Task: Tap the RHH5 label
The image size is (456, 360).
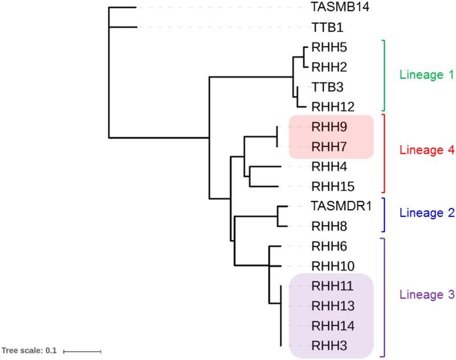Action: [x=326, y=47]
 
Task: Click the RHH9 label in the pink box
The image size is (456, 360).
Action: [x=326, y=126]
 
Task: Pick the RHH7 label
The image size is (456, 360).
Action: [x=326, y=147]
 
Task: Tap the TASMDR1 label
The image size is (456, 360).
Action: [x=341, y=206]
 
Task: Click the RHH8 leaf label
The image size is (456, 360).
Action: [x=326, y=226]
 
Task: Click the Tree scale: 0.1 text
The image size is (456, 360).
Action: [x=29, y=351]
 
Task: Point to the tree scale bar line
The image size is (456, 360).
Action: [x=82, y=351]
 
